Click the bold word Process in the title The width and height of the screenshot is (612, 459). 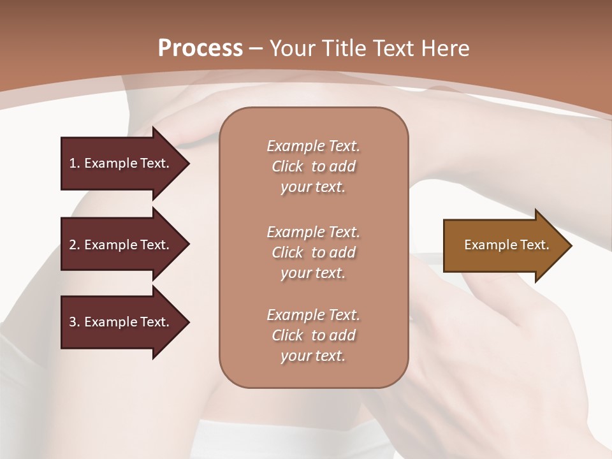[200, 48]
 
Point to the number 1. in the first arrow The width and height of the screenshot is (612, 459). [75, 163]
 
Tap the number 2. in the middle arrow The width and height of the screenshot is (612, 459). [75, 245]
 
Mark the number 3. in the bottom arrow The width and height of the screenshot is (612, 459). [75, 322]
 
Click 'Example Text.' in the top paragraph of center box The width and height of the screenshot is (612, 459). [313, 146]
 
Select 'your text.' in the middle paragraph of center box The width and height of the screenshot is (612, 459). [313, 273]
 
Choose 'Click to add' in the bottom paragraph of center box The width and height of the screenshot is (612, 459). [313, 335]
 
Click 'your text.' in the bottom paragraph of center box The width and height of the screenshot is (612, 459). [313, 356]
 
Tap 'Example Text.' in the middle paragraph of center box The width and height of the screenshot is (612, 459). [313, 232]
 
